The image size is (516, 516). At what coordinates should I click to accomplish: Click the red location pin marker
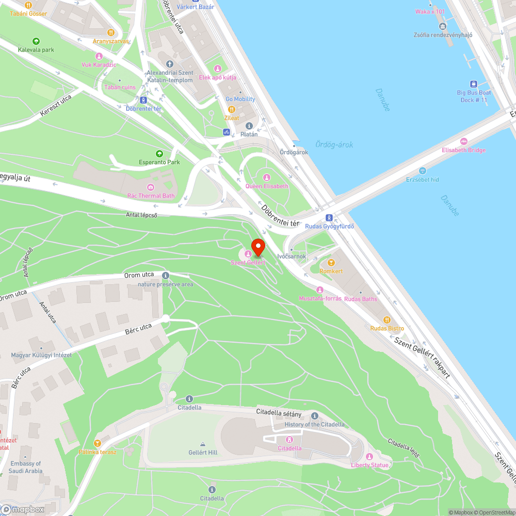pos(257,246)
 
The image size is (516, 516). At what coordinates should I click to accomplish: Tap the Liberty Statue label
pos(370,465)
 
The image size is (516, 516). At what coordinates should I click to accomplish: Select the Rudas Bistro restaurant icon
pos(387,320)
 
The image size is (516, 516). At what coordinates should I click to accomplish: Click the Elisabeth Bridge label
pos(463,150)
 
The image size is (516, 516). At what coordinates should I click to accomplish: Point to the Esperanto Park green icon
pos(159,153)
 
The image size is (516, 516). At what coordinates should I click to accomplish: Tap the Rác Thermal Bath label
pos(151,196)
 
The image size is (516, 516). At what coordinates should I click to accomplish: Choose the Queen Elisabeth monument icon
pos(267,177)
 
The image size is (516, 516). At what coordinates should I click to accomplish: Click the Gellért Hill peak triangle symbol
pos(202,444)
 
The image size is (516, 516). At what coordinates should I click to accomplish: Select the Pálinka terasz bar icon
pos(97,443)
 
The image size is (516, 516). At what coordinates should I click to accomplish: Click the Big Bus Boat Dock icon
pos(473,84)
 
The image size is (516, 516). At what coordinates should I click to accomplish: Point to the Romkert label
pos(331,271)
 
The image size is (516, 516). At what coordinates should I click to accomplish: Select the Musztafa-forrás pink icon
pos(320,290)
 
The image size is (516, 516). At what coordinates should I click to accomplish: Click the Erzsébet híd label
pos(422,179)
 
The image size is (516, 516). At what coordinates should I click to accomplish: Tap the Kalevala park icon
pos(36,41)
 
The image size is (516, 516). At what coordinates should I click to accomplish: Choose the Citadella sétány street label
pos(279,412)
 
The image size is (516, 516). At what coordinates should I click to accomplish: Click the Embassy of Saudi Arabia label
pos(26,467)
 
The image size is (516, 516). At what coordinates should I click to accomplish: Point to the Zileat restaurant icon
pos(232,109)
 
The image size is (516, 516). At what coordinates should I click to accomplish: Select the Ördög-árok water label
pos(334,145)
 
